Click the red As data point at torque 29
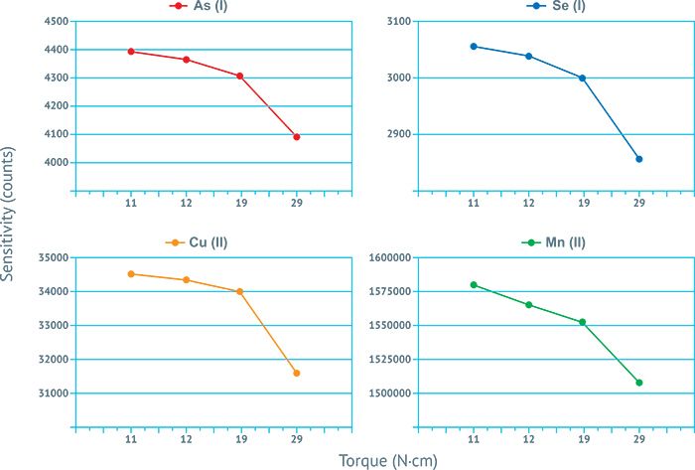(x=297, y=137)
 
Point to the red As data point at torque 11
(x=131, y=52)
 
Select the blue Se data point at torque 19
(x=583, y=78)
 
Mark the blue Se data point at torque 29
(x=639, y=159)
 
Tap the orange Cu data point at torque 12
(x=186, y=280)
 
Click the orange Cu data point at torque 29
(x=297, y=374)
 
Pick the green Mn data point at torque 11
(x=474, y=285)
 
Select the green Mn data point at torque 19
(x=583, y=322)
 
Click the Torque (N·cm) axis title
(x=387, y=461)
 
